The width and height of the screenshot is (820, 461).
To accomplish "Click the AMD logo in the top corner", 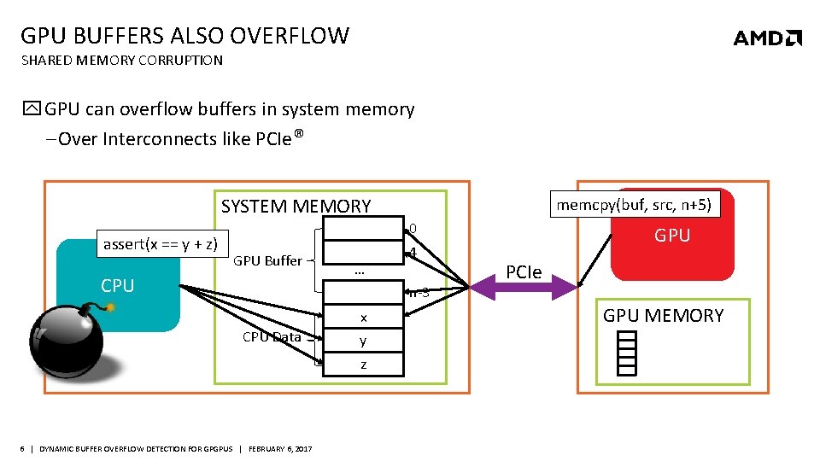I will click(x=767, y=38).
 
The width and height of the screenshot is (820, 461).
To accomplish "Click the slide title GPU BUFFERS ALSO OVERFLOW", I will click(x=184, y=36).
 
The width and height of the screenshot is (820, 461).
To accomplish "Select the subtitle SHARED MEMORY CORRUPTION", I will click(x=121, y=61).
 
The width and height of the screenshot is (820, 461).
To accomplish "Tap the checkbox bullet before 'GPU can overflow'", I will click(x=32, y=109).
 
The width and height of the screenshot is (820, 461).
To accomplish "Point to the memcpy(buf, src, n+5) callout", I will click(x=634, y=205).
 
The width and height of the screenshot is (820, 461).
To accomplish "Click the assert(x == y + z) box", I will click(x=160, y=244).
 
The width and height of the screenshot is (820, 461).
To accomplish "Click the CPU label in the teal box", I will click(x=118, y=286).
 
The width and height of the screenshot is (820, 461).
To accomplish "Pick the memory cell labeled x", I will click(x=363, y=318).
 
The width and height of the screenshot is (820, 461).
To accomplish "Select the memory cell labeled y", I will click(x=363, y=341).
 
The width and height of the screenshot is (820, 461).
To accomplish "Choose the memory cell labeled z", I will click(x=363, y=365).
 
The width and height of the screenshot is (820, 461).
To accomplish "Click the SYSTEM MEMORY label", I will click(x=296, y=206).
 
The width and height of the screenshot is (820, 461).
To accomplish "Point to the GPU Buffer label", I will click(x=267, y=260).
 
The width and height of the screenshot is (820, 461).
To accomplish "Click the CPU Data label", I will click(x=272, y=336).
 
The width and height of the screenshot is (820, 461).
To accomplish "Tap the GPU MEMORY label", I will click(x=663, y=315).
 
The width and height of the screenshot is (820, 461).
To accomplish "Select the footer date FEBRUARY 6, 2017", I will click(x=280, y=449).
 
